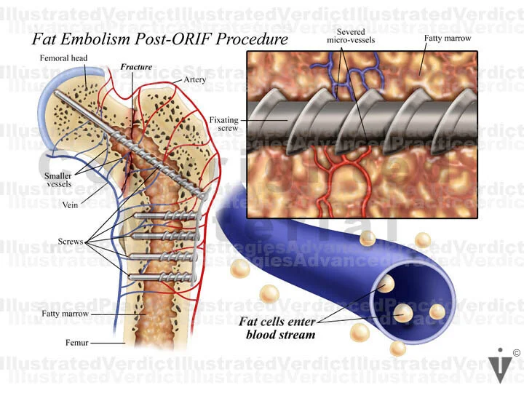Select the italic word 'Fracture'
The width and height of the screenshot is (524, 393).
click(136, 67)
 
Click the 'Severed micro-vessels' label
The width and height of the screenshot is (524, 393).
click(356, 36)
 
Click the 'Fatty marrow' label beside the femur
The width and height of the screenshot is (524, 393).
click(65, 314)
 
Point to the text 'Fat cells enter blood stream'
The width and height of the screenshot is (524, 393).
click(280, 328)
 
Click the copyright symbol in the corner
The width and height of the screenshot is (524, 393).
click(516, 353)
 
